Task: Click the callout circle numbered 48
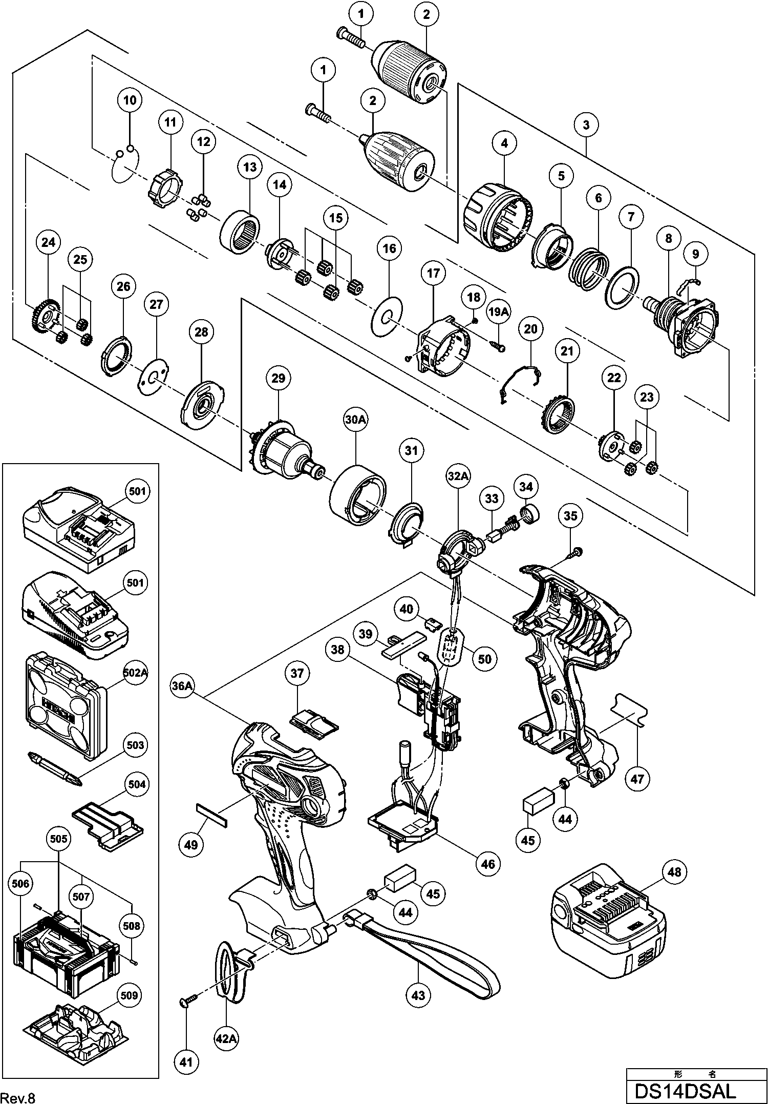point(675,871)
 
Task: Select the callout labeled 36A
point(182,687)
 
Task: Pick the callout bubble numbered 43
point(418,995)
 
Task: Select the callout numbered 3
point(586,124)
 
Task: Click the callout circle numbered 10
point(130,100)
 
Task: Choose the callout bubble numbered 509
point(128,995)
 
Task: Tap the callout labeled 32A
point(458,476)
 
